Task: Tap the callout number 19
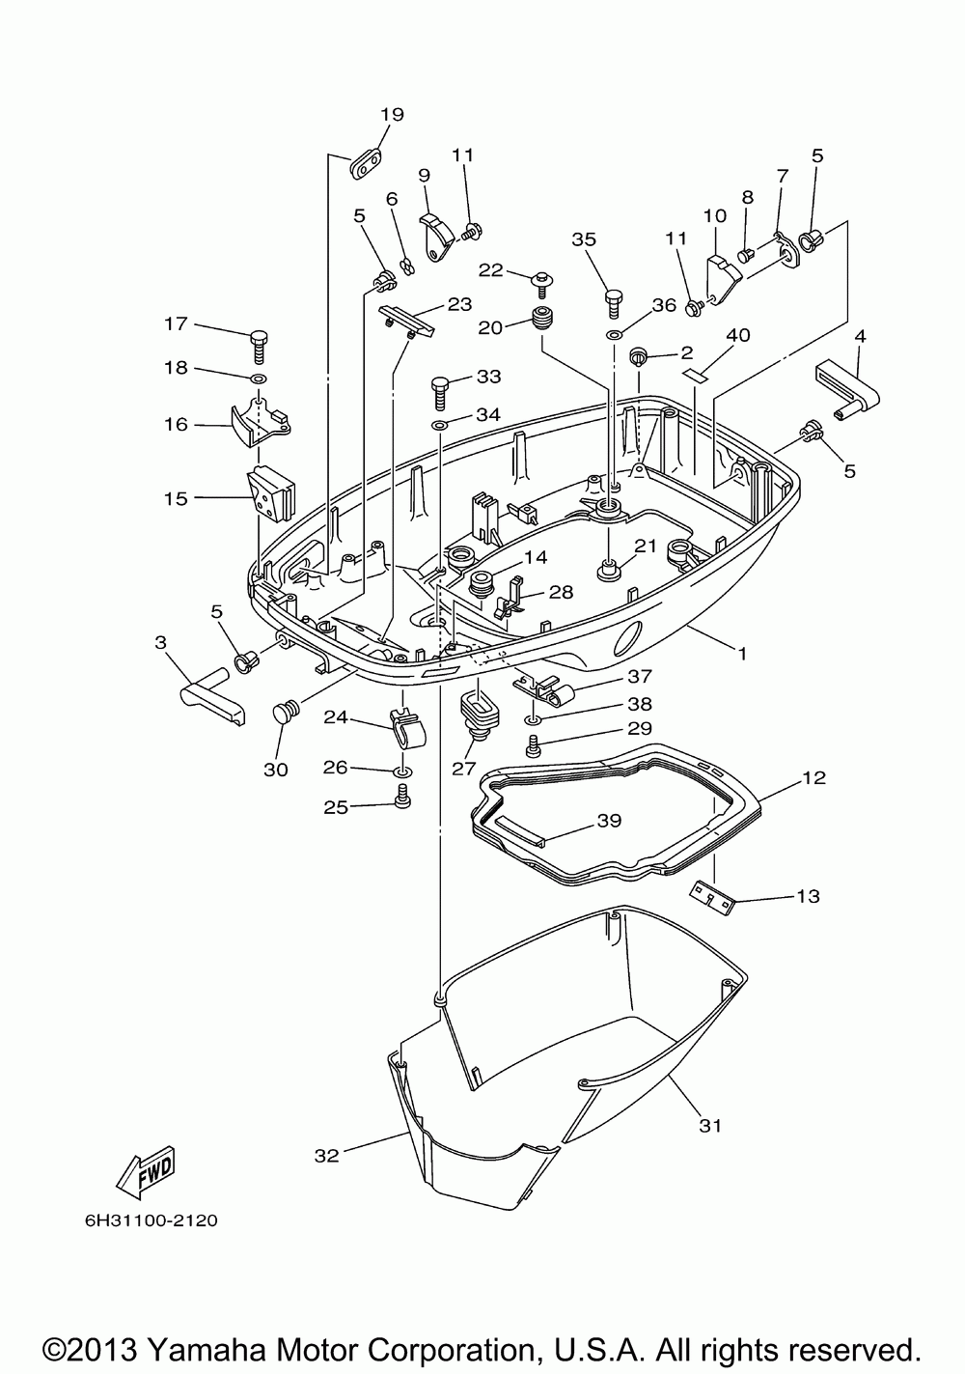(x=393, y=114)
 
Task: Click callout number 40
(x=738, y=335)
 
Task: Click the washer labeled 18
(x=258, y=378)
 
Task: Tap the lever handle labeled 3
(x=211, y=695)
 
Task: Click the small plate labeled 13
(x=712, y=899)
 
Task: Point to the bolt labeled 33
(x=441, y=393)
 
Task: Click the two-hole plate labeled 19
(x=366, y=163)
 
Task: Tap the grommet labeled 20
(x=540, y=318)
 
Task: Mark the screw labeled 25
(x=402, y=797)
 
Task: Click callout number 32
(x=327, y=1156)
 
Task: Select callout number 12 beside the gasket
(x=814, y=777)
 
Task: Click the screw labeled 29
(x=532, y=745)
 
